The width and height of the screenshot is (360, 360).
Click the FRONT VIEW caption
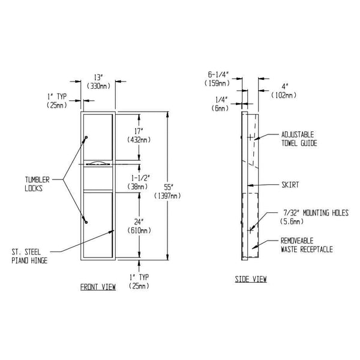pos(98,287)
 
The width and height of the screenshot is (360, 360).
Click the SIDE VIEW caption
pos(251,280)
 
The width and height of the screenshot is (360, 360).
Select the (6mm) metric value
pos(220,109)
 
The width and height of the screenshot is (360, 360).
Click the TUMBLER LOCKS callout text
pos(37,182)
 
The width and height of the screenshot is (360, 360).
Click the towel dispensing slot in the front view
pos(98,163)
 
